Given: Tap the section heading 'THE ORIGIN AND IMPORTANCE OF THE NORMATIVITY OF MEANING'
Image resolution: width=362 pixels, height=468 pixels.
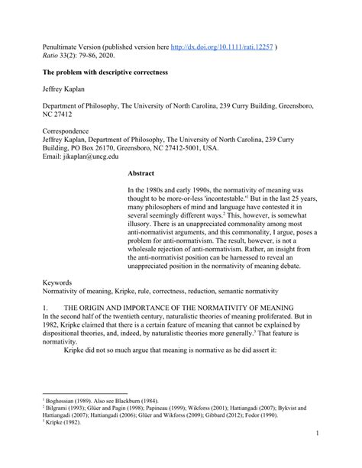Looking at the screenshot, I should pos(183,307).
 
